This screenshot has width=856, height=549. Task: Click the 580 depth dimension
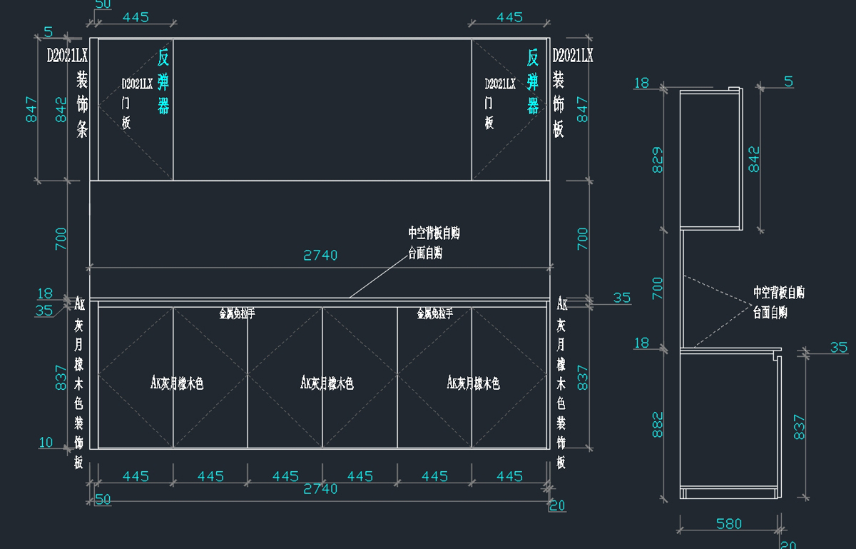[729, 524]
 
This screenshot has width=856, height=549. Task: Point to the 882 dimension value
[657, 424]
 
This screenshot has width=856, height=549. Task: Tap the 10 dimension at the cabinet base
[46, 443]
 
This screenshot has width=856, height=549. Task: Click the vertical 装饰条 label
[82, 104]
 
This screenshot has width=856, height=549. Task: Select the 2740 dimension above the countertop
[320, 255]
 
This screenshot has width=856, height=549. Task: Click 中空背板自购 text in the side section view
[779, 293]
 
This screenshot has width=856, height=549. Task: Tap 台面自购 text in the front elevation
[425, 253]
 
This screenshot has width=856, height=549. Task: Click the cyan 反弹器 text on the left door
[163, 81]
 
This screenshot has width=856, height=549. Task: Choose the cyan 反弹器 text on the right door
[533, 81]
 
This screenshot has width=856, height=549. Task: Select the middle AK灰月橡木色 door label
[327, 383]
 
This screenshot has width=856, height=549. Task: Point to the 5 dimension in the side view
[788, 81]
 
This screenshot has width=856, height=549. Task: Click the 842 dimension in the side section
[754, 159]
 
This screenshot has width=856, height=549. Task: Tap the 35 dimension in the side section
[839, 348]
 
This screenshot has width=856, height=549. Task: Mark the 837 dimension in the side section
[799, 427]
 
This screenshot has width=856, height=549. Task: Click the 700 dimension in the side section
[657, 288]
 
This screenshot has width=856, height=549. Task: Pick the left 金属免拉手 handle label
[237, 313]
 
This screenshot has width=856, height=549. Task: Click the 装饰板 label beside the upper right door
[559, 104]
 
